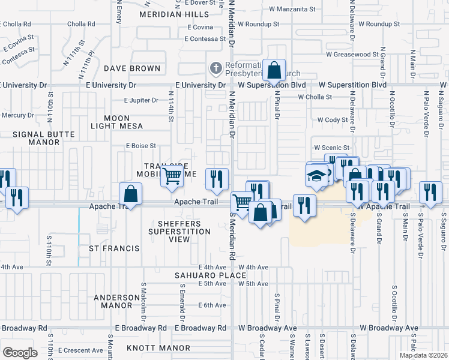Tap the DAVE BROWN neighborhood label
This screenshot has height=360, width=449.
click(x=132, y=68)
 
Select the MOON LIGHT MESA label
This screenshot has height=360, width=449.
click(x=116, y=122)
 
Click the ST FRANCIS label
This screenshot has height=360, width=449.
click(x=114, y=248)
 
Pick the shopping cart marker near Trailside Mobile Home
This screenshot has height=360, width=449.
click(x=172, y=176)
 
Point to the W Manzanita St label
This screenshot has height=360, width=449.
click(x=292, y=10)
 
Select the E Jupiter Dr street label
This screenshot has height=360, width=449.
click(x=141, y=100)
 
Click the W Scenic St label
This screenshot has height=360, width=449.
click(x=332, y=148)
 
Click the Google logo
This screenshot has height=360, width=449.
click(x=20, y=353)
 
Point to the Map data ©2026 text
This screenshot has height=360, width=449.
click(x=423, y=355)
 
